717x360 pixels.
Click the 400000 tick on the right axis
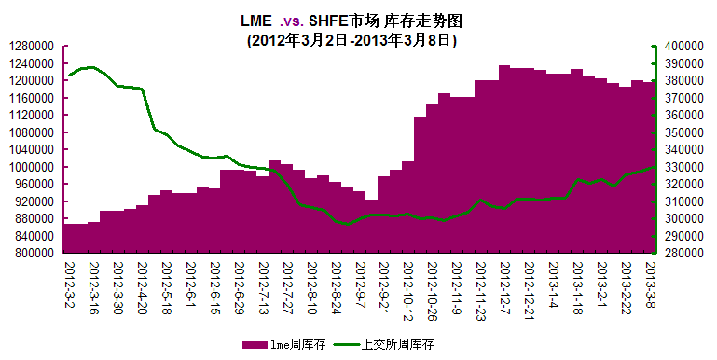coord(683,46)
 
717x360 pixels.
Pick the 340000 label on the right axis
coord(683,149)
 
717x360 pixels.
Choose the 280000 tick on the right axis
coord(683,253)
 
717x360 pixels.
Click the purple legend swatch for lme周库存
coord(255,344)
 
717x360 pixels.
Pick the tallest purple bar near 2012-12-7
coord(504,159)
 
